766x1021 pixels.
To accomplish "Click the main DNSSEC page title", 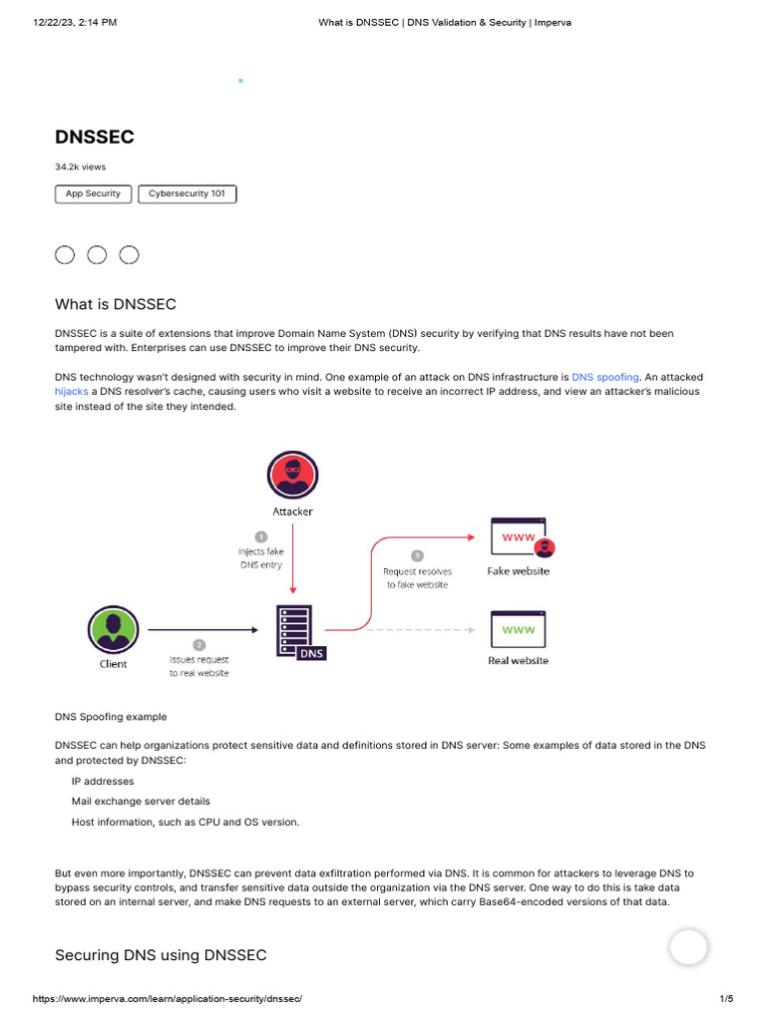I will [x=94, y=138].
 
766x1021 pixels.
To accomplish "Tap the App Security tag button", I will [x=93, y=193].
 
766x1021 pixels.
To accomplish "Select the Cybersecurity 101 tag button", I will [x=187, y=193].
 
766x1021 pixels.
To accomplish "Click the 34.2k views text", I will [x=80, y=167].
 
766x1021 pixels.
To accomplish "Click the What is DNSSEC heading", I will [x=115, y=304].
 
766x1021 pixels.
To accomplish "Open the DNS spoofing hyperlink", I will [x=604, y=378].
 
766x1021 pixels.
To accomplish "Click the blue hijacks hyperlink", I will [x=72, y=392].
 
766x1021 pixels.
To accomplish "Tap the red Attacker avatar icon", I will [x=293, y=476].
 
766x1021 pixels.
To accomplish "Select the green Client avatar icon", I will [x=113, y=630].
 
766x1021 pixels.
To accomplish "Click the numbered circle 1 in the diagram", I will [x=261, y=536].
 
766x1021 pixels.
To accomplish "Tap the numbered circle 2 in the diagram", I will [x=198, y=645].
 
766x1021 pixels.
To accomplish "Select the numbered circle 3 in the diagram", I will [x=417, y=555].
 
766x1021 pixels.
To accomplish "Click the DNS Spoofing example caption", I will [x=111, y=717].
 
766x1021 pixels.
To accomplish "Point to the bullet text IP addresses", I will [x=102, y=782].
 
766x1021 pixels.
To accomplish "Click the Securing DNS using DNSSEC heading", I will [x=161, y=955].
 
